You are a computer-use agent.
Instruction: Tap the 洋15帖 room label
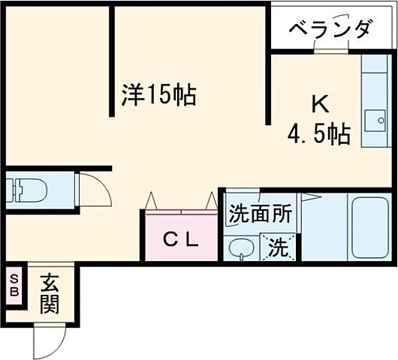159,94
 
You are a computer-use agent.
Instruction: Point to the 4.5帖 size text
318,134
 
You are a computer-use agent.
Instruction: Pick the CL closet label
181,239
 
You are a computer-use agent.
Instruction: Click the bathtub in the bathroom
371,225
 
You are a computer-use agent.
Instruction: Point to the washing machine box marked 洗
278,248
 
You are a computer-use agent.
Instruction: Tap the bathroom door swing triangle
312,196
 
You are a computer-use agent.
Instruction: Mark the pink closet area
181,235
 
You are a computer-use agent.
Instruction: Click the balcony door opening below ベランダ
330,52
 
